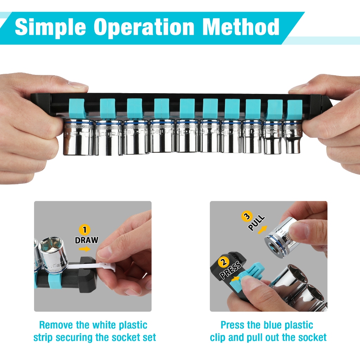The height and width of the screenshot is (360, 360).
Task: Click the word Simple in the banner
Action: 50,27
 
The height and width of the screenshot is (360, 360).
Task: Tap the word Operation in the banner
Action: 144,27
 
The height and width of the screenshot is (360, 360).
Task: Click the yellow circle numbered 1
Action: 84,230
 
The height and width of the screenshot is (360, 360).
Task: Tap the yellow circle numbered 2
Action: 224,262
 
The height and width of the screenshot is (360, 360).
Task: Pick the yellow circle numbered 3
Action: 247,217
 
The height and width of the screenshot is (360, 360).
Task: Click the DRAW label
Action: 86,240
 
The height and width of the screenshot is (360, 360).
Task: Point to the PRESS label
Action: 231,270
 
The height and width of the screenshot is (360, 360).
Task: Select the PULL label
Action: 256,223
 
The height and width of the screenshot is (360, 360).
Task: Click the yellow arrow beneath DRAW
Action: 85,249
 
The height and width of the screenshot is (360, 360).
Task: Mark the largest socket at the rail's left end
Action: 78,137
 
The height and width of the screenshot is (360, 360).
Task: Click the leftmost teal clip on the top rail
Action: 77,108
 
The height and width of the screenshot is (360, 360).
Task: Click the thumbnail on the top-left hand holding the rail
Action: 78,84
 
